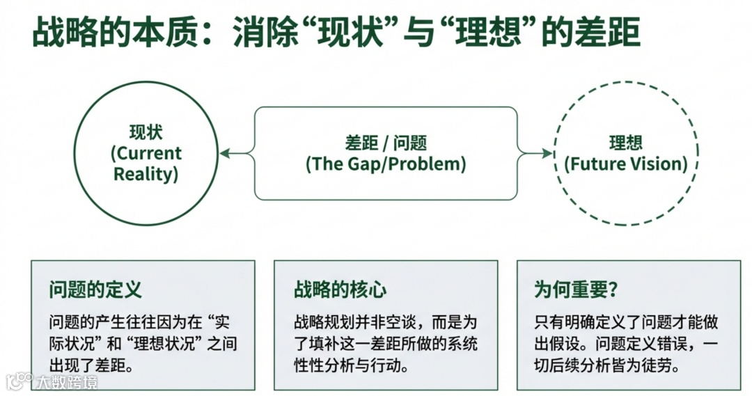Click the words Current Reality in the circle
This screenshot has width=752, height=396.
pyautogui.click(x=146, y=163)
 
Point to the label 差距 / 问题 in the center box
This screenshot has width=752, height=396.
pyautogui.click(x=385, y=143)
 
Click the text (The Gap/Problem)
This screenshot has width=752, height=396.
pyautogui.click(x=385, y=164)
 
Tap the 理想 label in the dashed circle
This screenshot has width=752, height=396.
pyautogui.click(x=625, y=143)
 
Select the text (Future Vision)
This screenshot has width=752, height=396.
pyautogui.click(x=625, y=164)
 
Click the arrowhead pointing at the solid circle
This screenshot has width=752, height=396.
pyautogui.click(x=224, y=154)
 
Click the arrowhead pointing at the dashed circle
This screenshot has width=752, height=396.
pyautogui.click(x=549, y=154)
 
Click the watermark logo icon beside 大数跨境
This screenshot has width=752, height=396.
pyautogui.click(x=19, y=381)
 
